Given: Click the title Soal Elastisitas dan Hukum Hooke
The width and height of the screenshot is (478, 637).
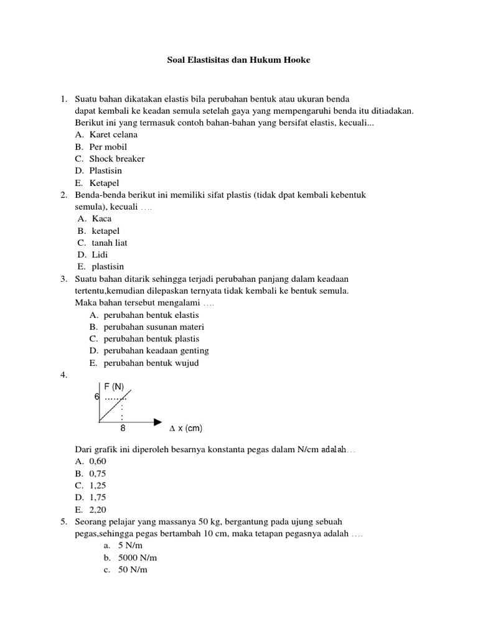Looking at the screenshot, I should (238, 60).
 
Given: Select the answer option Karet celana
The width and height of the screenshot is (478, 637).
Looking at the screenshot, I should (113, 134).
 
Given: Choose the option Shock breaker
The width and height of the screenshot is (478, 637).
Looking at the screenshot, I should (116, 159).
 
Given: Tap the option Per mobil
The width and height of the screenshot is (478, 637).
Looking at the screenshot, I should (108, 147).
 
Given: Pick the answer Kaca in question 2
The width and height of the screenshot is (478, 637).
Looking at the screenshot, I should (102, 218).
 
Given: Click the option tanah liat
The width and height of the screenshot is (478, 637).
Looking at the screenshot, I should (110, 243).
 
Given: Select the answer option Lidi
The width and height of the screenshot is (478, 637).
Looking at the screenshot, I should (100, 254).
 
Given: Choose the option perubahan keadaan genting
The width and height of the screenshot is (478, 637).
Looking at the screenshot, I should (156, 351).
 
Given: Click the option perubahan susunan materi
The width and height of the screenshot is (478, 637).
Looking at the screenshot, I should (154, 327).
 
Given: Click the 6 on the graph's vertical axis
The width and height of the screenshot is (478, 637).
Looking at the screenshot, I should (97, 396).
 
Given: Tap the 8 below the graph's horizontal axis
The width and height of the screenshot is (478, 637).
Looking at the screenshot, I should (123, 429).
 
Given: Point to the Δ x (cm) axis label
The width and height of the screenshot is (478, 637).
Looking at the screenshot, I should (185, 429).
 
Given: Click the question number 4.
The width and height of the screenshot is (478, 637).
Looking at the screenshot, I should (63, 375).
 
